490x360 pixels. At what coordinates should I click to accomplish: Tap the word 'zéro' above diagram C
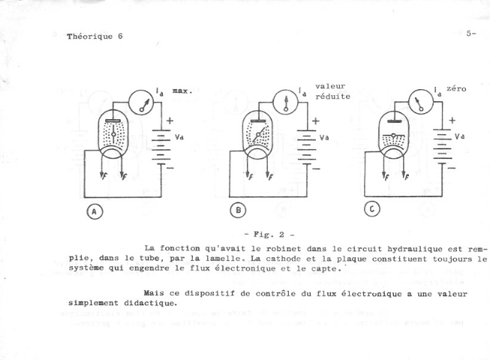(x=456, y=88)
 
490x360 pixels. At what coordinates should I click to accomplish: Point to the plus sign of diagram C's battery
(x=452, y=120)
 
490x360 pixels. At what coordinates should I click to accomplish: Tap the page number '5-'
(x=470, y=33)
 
